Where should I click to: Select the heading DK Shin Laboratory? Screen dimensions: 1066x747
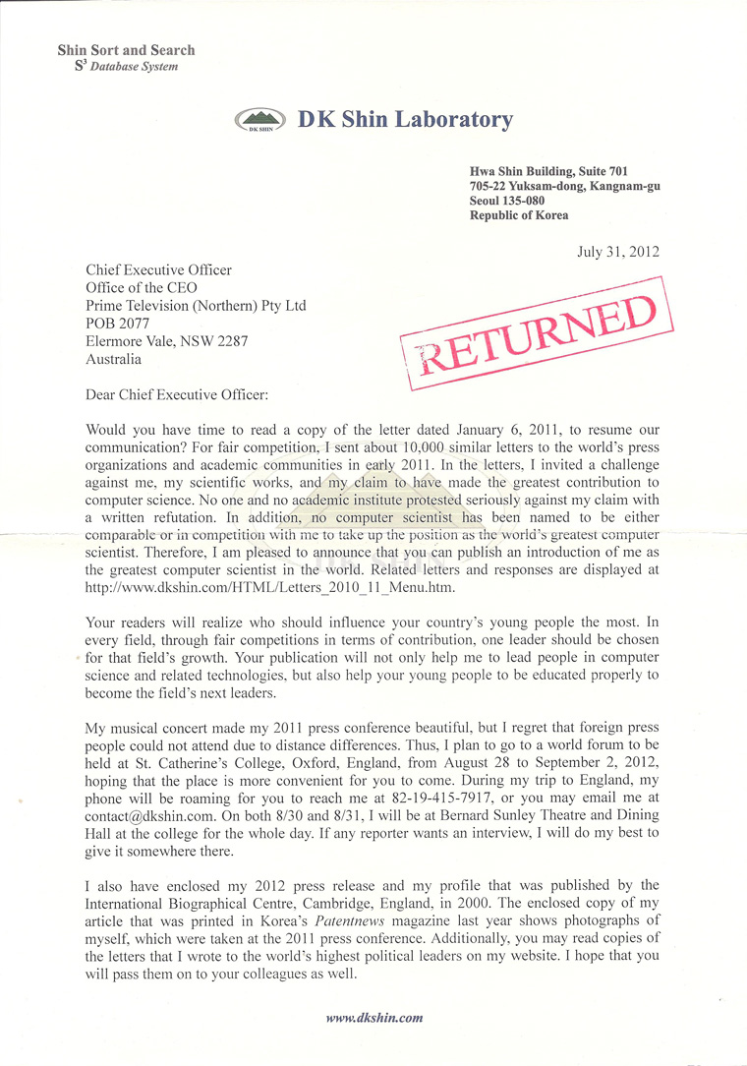[405, 120]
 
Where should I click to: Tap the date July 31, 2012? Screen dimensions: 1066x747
[617, 252]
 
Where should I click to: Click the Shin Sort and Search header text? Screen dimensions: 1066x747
[126, 50]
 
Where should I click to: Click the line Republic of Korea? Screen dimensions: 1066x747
[519, 215]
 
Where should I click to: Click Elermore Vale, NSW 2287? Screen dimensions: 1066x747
[167, 341]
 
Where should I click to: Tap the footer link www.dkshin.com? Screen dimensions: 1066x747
[373, 1018]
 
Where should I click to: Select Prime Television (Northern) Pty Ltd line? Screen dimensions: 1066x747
[196, 306]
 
